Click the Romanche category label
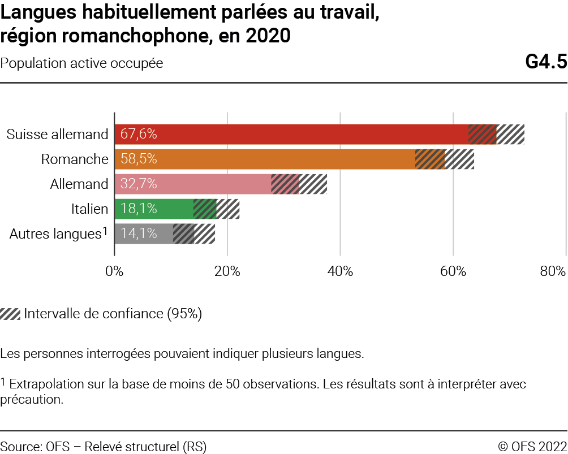75,159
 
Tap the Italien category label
89,209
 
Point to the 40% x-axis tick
340,271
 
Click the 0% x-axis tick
115,271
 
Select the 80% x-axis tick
552,271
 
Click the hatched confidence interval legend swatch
10,314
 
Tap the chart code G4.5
546,62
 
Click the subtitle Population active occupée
82,63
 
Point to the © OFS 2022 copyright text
532,447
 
